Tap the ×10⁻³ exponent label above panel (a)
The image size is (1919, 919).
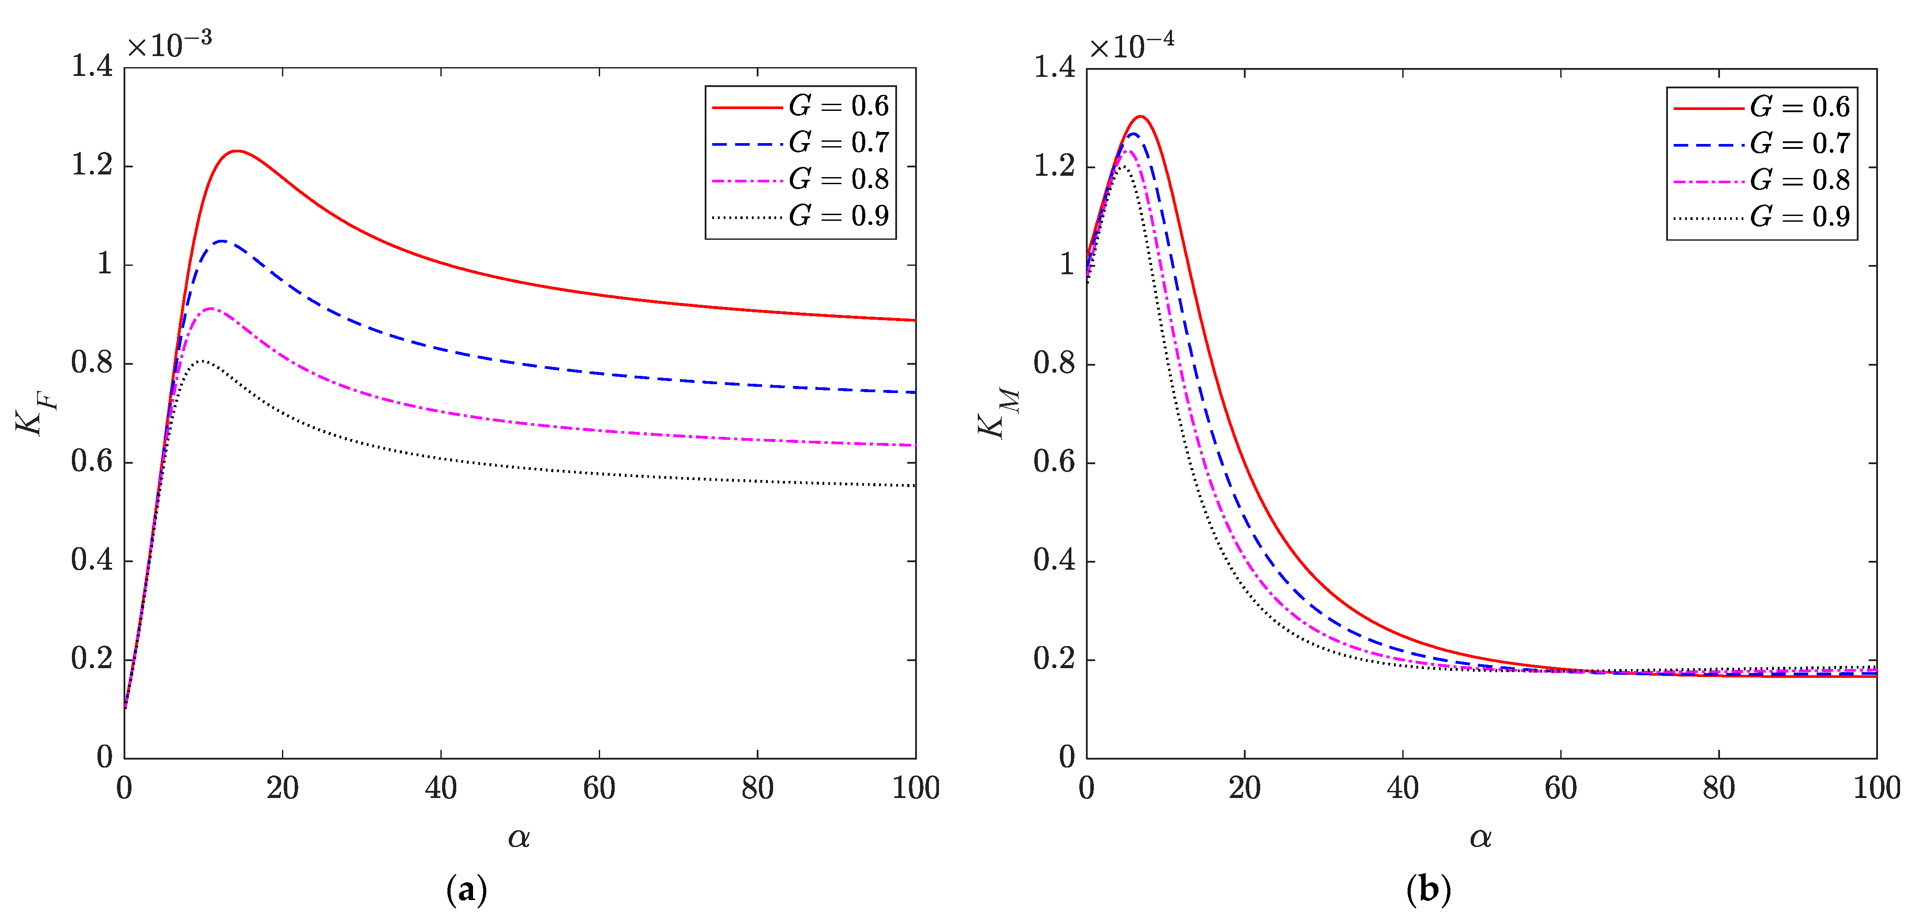point(169,45)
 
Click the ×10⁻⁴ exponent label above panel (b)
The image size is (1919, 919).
point(1131,45)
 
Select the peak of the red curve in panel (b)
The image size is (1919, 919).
point(1140,116)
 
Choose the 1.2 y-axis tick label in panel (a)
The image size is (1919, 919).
point(92,166)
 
